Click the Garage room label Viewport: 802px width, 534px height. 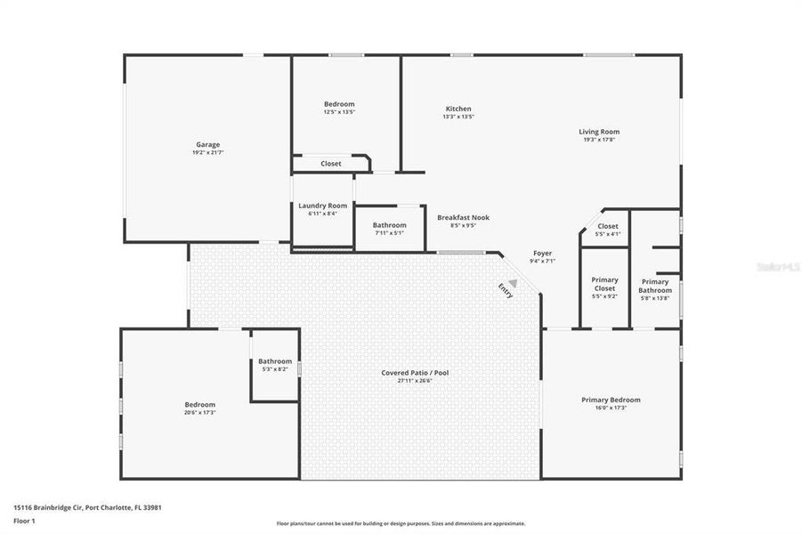click(x=207, y=144)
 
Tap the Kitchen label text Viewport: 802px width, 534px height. click(x=458, y=109)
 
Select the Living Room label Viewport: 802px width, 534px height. click(x=599, y=132)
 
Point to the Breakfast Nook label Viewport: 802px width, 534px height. click(x=463, y=217)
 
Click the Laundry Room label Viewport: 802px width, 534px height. click(x=322, y=206)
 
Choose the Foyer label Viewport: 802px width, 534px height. click(x=542, y=254)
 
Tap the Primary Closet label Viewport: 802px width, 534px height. click(x=604, y=284)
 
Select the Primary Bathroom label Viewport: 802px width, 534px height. click(x=655, y=286)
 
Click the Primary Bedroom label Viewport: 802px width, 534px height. click(x=611, y=400)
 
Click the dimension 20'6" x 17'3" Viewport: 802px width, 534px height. click(x=199, y=412)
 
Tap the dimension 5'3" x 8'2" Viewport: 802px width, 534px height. click(x=274, y=368)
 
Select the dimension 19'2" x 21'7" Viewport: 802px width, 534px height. click(x=207, y=152)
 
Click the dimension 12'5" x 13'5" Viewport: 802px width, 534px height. click(x=338, y=112)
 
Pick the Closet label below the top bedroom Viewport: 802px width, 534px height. click(x=330, y=164)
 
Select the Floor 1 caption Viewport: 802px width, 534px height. click(x=24, y=521)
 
